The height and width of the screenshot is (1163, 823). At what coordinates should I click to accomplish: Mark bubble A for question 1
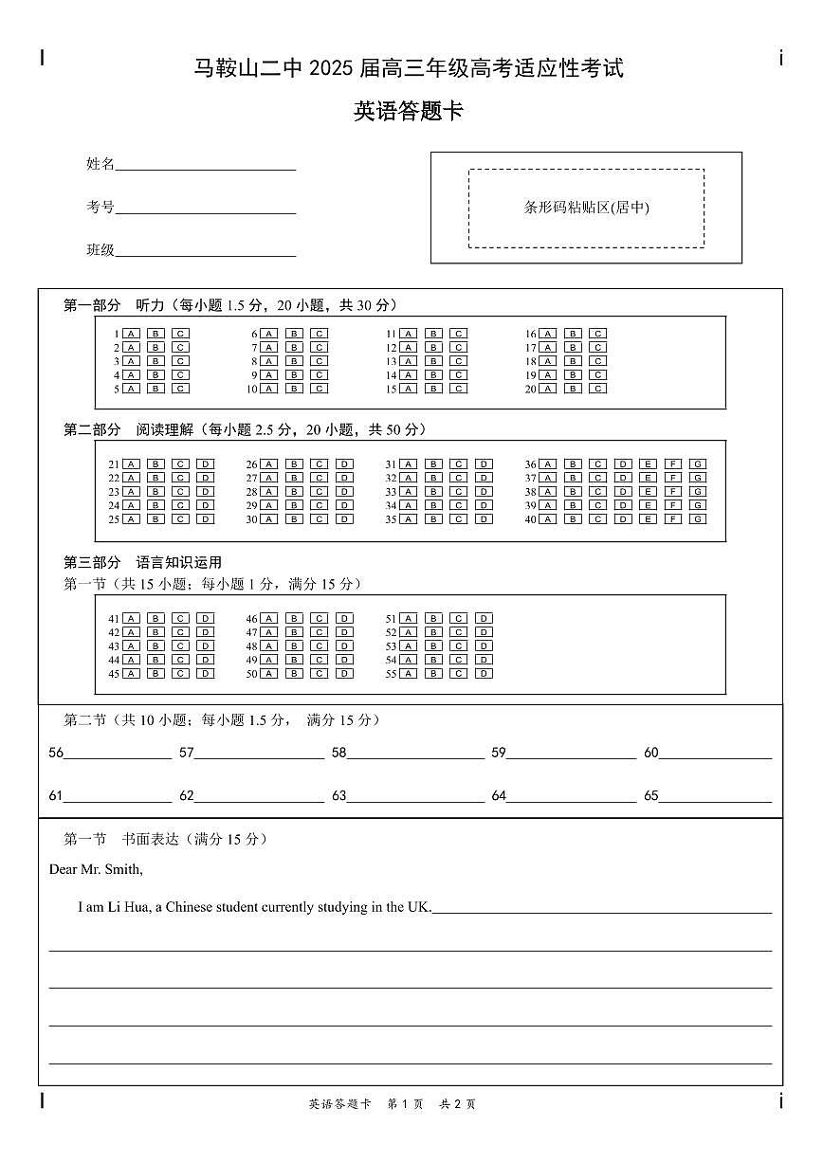[x=131, y=334]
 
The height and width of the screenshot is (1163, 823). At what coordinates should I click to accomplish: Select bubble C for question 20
[x=598, y=389]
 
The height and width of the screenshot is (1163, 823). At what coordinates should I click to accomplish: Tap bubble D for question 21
[x=206, y=464]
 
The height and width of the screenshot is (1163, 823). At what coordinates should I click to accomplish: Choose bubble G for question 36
[x=698, y=464]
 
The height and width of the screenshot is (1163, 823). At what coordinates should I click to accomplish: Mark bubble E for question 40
[x=649, y=519]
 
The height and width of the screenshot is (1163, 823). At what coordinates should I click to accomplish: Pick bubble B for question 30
[x=295, y=519]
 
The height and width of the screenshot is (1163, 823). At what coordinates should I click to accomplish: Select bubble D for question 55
[x=484, y=674]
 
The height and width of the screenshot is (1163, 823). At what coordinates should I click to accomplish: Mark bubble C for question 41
[x=180, y=619]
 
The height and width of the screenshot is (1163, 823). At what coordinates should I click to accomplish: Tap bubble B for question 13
[x=433, y=361]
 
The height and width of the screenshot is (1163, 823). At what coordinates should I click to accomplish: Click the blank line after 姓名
[x=205, y=169]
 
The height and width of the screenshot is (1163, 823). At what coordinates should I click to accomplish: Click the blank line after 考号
[x=205, y=212]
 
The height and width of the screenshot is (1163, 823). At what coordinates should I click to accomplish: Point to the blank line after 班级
[x=205, y=255]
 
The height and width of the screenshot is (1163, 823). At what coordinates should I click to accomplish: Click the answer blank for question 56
[x=118, y=757]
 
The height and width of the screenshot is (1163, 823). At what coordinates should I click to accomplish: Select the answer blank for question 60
[x=715, y=757]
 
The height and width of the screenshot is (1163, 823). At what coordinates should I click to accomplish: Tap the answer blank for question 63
[x=415, y=800]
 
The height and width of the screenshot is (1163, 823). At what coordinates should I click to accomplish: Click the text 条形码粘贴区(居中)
[x=586, y=208]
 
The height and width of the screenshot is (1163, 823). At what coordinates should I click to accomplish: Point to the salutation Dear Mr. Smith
[x=96, y=869]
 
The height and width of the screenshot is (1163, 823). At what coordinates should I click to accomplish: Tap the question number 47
[x=251, y=632]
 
